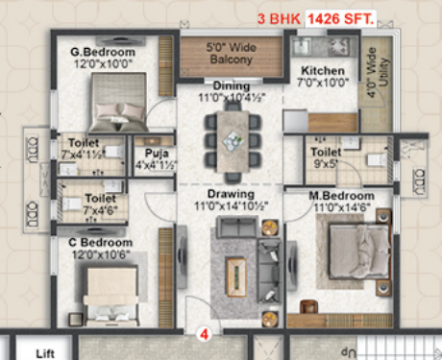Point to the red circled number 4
[x=204, y=334]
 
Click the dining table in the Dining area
[x=231, y=137]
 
